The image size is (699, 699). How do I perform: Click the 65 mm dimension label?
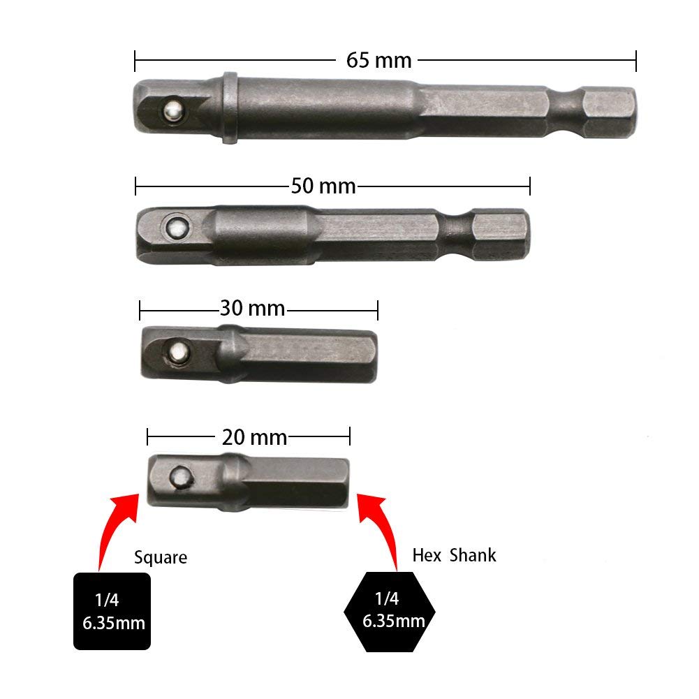pyautogui.click(x=378, y=60)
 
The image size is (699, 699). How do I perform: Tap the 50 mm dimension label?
pyautogui.click(x=323, y=186)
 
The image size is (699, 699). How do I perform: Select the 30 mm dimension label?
pyautogui.click(x=252, y=308)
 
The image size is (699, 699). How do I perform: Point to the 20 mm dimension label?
pyautogui.click(x=254, y=438)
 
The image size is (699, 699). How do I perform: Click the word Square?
pyautogui.click(x=161, y=557)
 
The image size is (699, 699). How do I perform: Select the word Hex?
pyautogui.click(x=426, y=556)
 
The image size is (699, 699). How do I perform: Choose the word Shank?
pyautogui.click(x=473, y=556)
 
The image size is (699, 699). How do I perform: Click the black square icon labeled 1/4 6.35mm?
pyautogui.click(x=112, y=611)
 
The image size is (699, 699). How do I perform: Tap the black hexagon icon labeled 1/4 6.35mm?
pyautogui.click(x=390, y=611)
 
